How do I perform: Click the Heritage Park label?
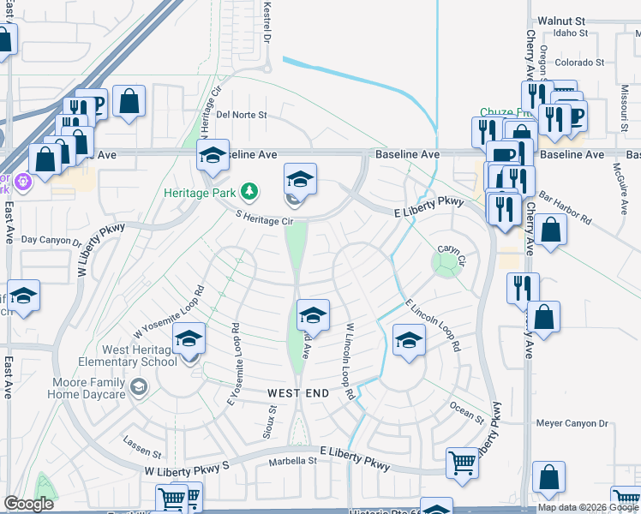[x=199, y=192]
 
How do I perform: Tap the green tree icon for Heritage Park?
[x=249, y=190]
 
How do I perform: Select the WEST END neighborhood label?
[x=298, y=392]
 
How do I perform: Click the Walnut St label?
[x=560, y=20]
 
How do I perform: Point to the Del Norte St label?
[x=242, y=114]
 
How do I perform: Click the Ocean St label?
[x=468, y=412]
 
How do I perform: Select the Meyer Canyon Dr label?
[x=572, y=423]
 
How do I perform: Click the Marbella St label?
[x=292, y=461]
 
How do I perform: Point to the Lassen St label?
[x=141, y=451]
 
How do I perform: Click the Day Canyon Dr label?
[x=51, y=241]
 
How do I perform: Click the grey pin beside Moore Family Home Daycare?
[x=137, y=389]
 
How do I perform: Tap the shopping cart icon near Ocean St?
[x=463, y=463]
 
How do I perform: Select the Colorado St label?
[x=579, y=63]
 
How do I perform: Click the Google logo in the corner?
[x=29, y=504]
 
